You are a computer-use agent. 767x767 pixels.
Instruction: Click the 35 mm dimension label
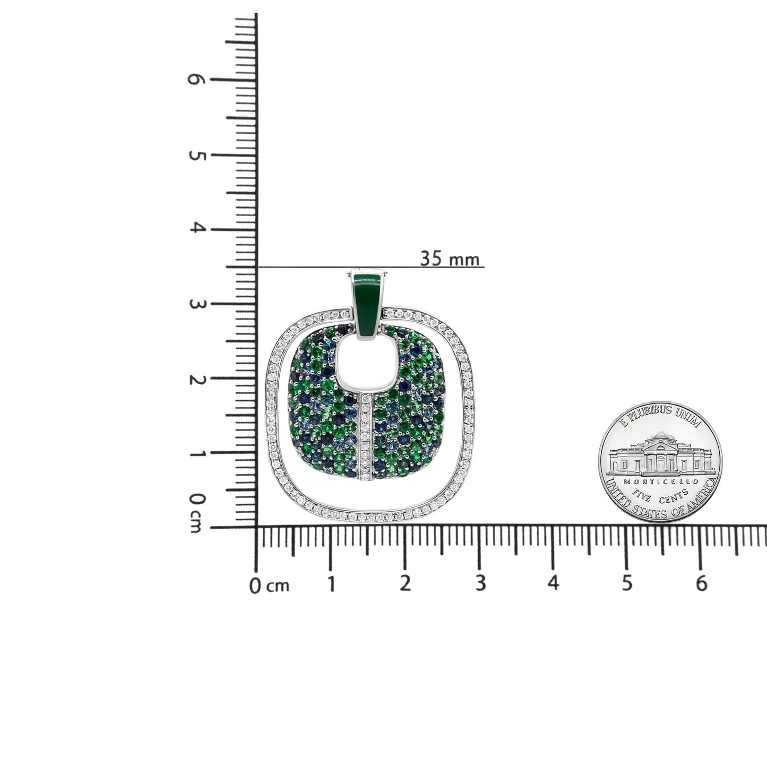pos(450,258)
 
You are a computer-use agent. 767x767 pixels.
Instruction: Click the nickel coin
pos(660,462)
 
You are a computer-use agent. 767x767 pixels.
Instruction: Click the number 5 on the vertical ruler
pos(196,156)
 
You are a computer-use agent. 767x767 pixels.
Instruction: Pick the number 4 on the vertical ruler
pos(196,229)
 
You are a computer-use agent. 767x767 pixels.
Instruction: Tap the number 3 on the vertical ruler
pos(196,305)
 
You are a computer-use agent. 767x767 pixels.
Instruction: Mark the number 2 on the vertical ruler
pos(196,380)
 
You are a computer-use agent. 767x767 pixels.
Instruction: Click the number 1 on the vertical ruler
pos(196,454)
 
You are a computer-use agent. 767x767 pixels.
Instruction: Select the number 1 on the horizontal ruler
pos(331,584)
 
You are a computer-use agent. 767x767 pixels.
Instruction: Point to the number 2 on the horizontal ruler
pos(406,584)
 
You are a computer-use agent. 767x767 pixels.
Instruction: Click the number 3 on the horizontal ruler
pos(480,584)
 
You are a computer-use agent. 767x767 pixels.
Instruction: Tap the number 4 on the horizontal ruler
pos(554,584)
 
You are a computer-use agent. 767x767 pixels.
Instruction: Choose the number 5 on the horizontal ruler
pos(627,584)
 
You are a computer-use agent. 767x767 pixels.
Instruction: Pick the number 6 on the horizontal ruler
pos(701,584)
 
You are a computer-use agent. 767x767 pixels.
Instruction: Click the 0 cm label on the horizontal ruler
pos(270,585)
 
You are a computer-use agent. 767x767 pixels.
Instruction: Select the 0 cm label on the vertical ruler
pos(196,513)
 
